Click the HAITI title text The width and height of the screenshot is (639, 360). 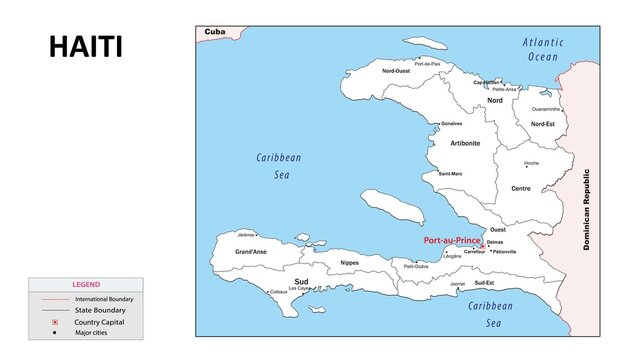[x=86, y=46]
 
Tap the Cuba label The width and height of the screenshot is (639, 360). [x=214, y=32]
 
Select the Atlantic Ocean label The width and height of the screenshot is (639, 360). [x=542, y=49]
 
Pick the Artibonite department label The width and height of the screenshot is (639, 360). [x=465, y=143]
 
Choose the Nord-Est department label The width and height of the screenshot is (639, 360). [x=543, y=124]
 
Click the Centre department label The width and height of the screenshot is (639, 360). [x=521, y=188]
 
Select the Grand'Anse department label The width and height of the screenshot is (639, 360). [x=251, y=252]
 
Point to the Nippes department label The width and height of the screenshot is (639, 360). [x=349, y=263]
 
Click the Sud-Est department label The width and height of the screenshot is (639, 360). [x=484, y=283]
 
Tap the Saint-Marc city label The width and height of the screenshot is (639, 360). [x=450, y=174]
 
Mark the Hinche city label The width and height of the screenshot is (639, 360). [x=531, y=162]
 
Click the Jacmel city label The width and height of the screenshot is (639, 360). [x=457, y=283]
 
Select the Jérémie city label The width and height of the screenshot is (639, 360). [x=246, y=234]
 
